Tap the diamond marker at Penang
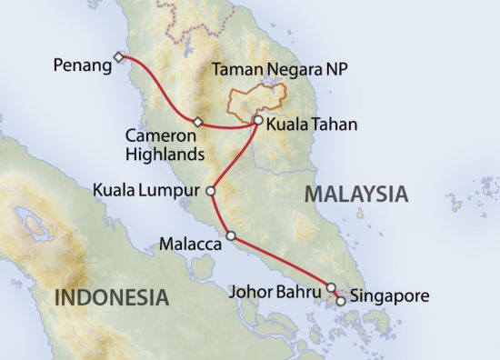point(117,57)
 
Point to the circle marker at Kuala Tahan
point(259,120)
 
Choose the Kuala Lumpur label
point(148,191)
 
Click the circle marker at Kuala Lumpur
point(211,191)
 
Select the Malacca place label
point(190,244)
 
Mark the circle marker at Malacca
point(231,236)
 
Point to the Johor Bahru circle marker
point(332,286)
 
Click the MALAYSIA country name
point(355,193)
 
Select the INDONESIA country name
point(111,296)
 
